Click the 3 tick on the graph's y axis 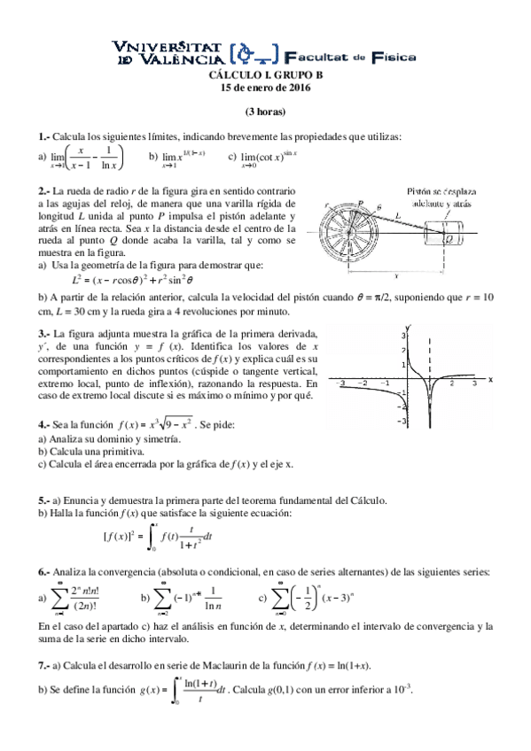(402, 337)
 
